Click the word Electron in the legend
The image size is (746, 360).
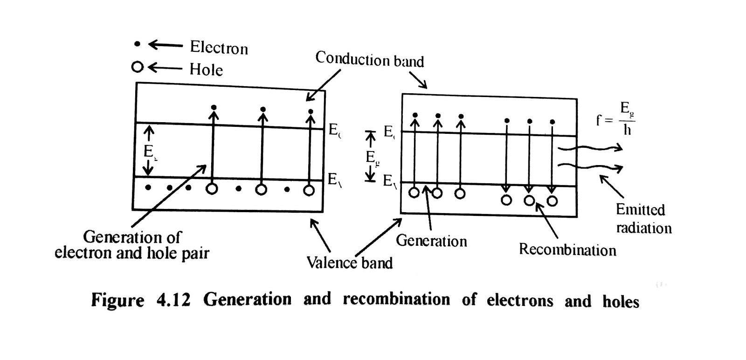219,48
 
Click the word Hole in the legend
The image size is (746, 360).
206,69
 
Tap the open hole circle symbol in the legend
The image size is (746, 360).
137,67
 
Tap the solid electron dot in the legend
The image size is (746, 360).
137,44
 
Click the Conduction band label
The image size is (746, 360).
369,60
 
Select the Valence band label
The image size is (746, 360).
349,263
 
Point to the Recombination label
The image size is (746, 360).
567,249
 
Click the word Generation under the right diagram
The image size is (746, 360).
431,241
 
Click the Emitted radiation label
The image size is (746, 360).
643,218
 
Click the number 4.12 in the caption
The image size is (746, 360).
173,299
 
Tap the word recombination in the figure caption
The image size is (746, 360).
396,299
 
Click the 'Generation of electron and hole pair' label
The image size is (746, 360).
132,245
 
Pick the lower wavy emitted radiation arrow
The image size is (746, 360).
591,167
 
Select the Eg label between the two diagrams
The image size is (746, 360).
371,157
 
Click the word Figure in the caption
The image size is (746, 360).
117,299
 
